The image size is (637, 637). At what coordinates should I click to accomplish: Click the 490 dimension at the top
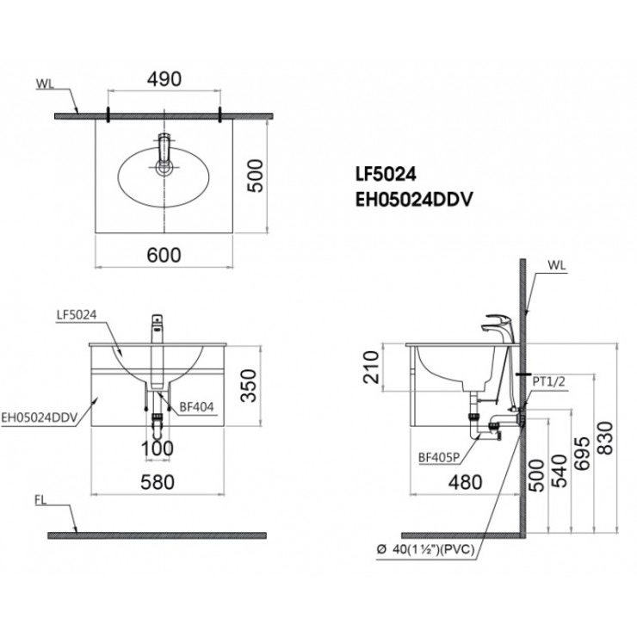pos(164,79)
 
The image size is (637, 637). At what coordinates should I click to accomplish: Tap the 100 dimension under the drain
pos(157,448)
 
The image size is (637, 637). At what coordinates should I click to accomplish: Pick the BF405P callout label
pos(437,459)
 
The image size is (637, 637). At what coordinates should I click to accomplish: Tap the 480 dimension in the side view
pos(465,482)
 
